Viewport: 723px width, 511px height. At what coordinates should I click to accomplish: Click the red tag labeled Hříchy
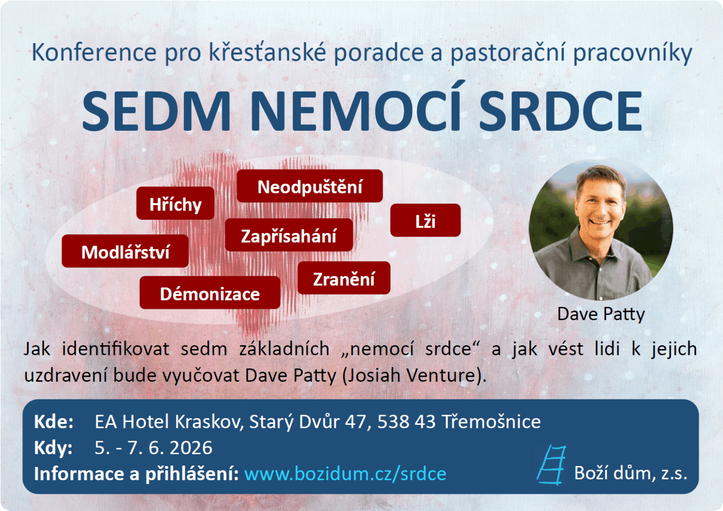point(175,203)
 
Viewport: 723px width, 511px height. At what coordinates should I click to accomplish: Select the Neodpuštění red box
point(310,186)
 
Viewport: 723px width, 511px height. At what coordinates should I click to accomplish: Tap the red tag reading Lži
point(425,220)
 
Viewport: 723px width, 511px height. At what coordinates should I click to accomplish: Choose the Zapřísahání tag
point(289,235)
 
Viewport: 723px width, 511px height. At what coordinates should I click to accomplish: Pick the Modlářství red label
point(125,251)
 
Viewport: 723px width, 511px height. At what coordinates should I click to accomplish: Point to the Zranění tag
point(344,278)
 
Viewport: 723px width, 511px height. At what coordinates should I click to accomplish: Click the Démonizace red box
point(210,293)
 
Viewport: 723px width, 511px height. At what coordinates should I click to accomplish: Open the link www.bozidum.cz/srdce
point(345,474)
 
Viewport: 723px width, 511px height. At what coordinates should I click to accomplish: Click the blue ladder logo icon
point(551,465)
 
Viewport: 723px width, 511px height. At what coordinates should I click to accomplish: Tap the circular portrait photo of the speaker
point(601,229)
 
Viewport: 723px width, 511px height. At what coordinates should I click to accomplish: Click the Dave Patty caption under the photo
point(601,314)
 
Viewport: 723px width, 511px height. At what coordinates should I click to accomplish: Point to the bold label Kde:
point(53,421)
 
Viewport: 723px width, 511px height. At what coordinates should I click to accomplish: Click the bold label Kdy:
point(53,448)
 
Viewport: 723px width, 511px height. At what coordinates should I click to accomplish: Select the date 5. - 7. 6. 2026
point(153,448)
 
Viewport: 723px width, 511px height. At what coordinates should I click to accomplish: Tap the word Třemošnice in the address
point(491,421)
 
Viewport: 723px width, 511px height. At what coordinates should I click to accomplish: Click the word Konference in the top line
point(94,52)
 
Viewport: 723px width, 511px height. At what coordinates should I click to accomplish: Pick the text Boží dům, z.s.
point(631,474)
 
